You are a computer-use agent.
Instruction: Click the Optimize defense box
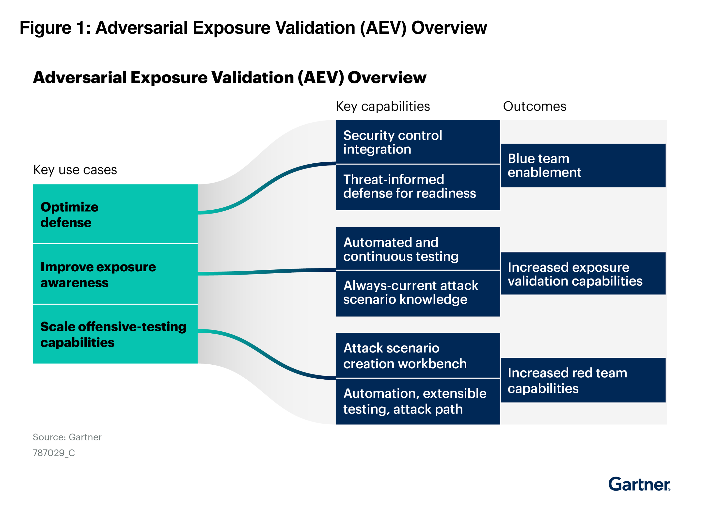tap(115, 214)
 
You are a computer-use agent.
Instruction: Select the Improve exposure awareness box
tap(115, 274)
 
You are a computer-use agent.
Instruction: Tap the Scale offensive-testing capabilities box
tap(115, 334)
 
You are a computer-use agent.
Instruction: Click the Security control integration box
tap(417, 142)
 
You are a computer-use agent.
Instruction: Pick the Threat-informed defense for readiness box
tap(417, 187)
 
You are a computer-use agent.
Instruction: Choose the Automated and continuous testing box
tap(417, 249)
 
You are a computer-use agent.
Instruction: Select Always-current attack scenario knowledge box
tap(417, 293)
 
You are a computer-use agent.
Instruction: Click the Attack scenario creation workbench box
tap(417, 355)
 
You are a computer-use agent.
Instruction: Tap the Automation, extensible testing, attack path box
tap(417, 401)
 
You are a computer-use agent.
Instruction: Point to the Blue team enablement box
tap(583, 165)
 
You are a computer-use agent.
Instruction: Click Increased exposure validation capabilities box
tap(583, 274)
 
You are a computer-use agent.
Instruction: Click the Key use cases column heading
tap(75, 170)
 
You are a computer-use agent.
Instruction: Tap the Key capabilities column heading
tap(383, 107)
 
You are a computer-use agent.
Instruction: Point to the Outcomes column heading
tap(534, 107)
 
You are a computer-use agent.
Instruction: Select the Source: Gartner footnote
tap(67, 437)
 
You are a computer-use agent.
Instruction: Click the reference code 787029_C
tap(54, 453)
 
